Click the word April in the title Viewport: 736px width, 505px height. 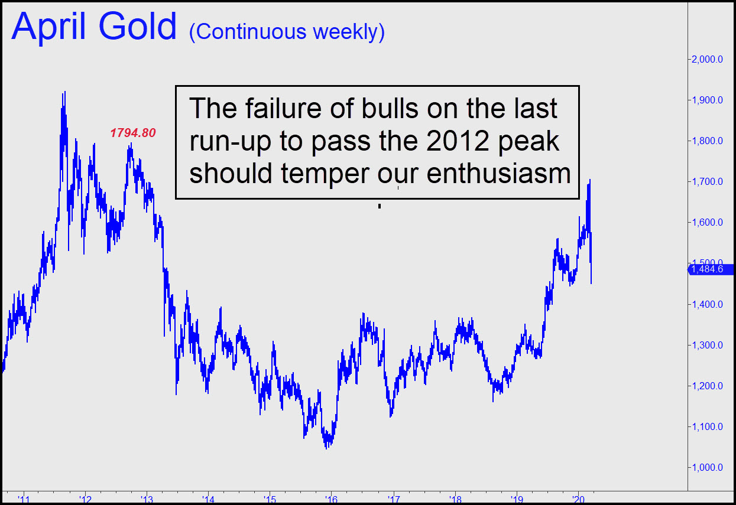click(48, 28)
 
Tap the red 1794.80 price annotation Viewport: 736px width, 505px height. click(133, 133)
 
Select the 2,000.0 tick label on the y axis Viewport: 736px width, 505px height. click(707, 59)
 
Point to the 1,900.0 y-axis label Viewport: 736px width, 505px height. click(707, 100)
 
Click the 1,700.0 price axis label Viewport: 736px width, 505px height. click(707, 181)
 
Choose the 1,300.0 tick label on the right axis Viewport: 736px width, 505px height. click(707, 345)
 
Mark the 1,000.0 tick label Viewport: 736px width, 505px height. click(707, 467)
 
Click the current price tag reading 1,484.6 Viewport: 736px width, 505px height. click(710, 269)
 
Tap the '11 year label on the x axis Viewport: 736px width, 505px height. click(24, 500)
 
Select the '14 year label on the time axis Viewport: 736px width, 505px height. click(208, 500)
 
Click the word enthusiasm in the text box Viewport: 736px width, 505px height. click(498, 174)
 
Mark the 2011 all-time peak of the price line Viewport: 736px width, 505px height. click(64, 92)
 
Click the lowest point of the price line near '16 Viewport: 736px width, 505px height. click(326, 448)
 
